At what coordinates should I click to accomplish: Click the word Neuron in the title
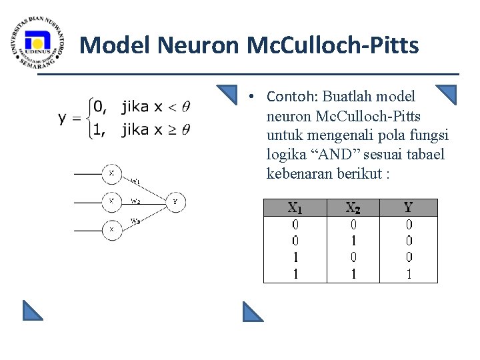(x=199, y=46)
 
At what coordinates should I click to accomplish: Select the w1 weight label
(x=135, y=181)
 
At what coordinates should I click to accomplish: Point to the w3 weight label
(x=135, y=221)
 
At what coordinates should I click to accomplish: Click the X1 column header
(x=294, y=208)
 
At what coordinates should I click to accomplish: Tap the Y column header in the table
(x=409, y=208)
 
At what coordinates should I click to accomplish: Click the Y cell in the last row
(x=409, y=273)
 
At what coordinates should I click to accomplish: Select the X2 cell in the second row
(x=354, y=241)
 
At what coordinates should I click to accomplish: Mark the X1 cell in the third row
(x=294, y=257)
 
